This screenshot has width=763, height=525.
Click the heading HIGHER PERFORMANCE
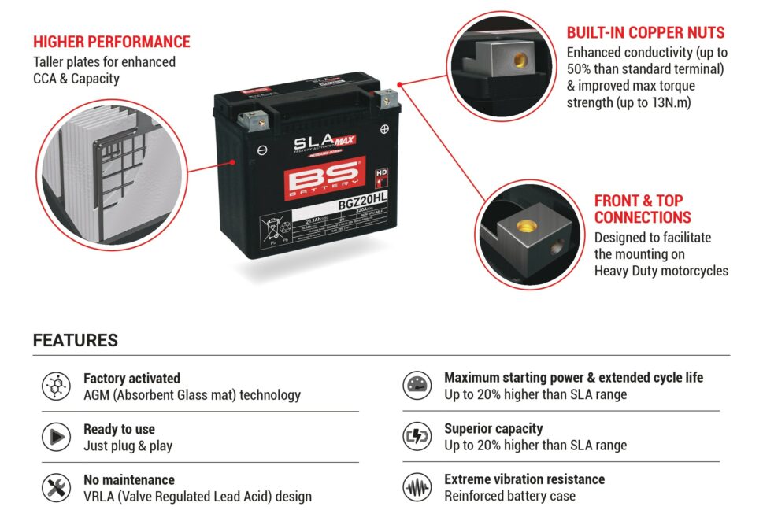click(112, 42)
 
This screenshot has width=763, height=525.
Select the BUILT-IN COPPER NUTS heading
click(646, 33)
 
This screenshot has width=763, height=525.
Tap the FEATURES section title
click(76, 341)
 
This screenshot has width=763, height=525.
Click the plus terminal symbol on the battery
click(384, 128)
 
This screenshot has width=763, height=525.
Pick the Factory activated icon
click(56, 386)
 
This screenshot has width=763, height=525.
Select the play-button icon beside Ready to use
click(56, 437)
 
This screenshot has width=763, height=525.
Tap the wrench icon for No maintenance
click(56, 488)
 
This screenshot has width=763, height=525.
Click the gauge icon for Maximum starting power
click(417, 386)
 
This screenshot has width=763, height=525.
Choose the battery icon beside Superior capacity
click(417, 437)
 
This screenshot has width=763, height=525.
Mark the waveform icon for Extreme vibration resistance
click(417, 488)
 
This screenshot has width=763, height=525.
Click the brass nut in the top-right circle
click(519, 60)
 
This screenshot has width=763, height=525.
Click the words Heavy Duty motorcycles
click(661, 271)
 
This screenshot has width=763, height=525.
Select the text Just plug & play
click(128, 446)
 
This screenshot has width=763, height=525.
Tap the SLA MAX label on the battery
click(323, 142)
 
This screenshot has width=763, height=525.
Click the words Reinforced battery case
click(509, 496)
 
